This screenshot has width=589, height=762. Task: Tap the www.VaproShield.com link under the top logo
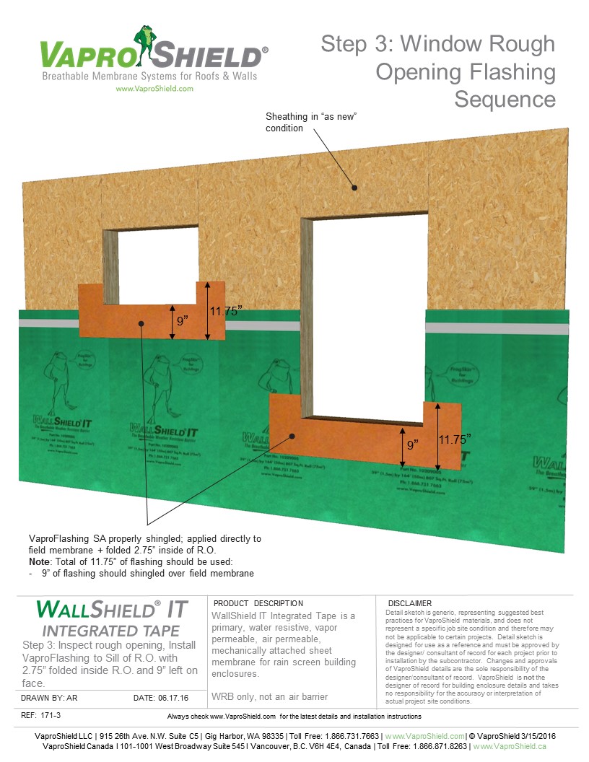click(154, 89)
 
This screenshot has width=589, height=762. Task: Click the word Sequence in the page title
click(505, 99)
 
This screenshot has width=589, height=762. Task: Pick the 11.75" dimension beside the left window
click(224, 311)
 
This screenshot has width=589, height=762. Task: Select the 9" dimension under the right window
click(412, 445)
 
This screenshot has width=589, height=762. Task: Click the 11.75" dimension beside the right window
click(456, 438)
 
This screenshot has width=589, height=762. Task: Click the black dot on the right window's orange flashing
click(293, 435)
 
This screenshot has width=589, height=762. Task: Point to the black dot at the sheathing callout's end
click(355, 188)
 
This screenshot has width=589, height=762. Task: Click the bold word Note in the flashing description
click(40, 562)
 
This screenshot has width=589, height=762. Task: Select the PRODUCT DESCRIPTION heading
click(258, 603)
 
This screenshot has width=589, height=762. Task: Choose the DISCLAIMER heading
click(409, 603)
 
